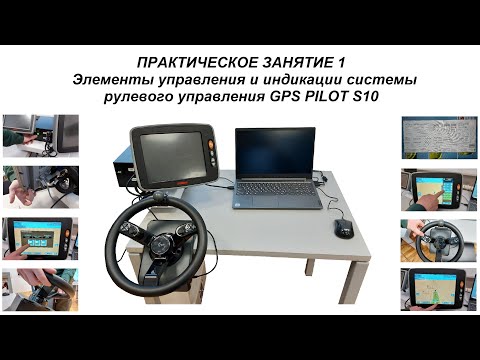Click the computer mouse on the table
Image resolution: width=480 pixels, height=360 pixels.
click(344, 228)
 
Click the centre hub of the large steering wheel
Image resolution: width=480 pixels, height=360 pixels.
click(157, 234)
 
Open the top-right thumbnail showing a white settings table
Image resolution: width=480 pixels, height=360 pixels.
click(435, 137)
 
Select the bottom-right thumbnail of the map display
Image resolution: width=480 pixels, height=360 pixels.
click(436, 289)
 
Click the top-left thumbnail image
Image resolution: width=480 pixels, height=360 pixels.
click(39, 135)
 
